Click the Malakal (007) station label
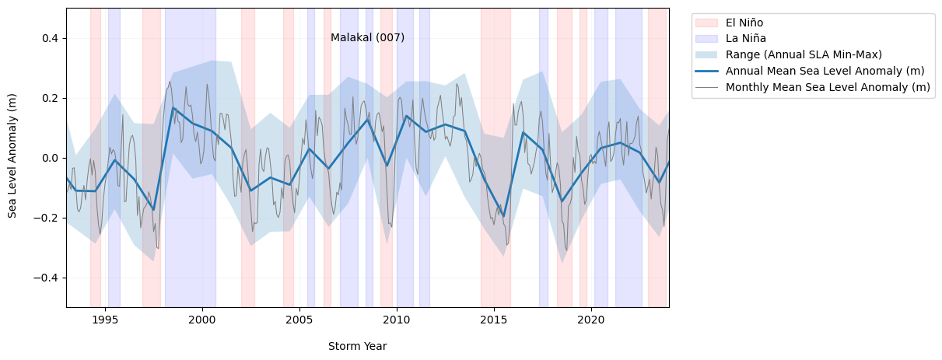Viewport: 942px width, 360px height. tap(367, 37)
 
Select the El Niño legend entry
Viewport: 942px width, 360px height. tap(744, 23)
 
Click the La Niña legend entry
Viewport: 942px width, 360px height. tap(745, 38)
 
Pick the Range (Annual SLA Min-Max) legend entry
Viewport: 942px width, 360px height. tap(804, 54)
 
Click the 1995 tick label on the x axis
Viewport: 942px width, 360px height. tap(105, 320)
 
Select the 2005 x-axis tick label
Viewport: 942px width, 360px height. tap(299, 320)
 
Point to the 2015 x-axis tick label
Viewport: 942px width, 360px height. tap(494, 320)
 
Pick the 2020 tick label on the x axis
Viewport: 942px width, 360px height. tap(591, 320)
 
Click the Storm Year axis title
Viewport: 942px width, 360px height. tap(357, 346)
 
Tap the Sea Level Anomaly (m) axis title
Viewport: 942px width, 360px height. tap(12, 157)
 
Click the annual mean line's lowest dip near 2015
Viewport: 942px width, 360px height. tap(503, 216)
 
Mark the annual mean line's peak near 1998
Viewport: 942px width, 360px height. tap(173, 108)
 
